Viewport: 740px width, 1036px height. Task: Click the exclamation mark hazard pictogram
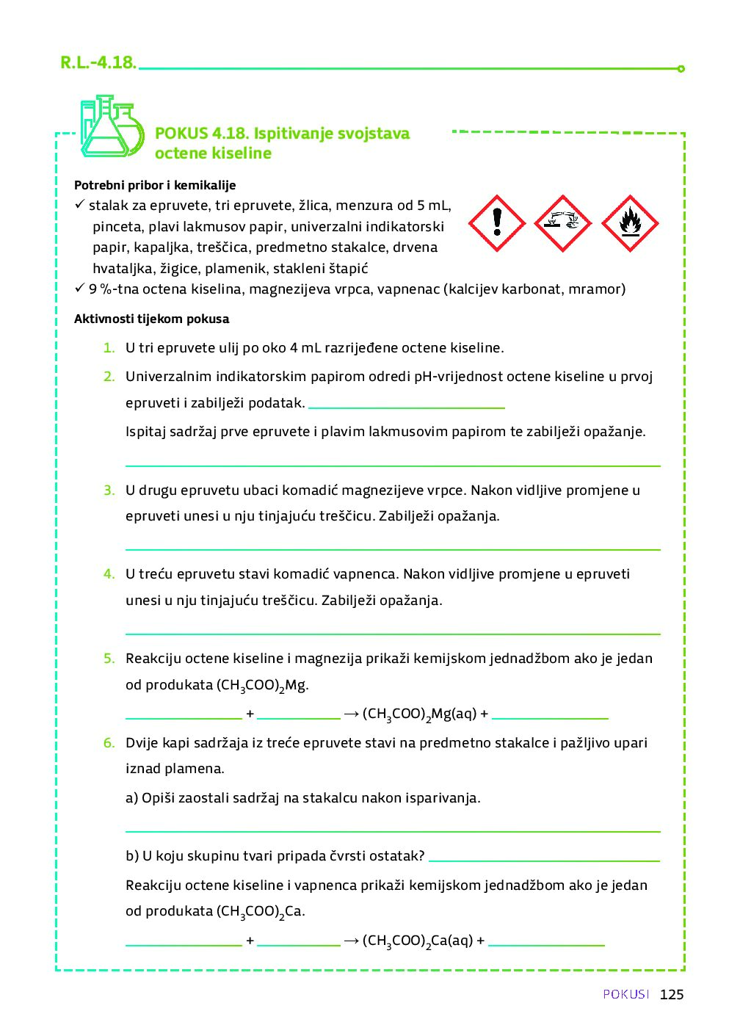coord(497,223)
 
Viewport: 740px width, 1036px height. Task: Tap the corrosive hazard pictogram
coord(563,223)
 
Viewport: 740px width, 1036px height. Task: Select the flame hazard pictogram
coord(630,223)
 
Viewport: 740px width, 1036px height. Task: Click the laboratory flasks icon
coord(111,126)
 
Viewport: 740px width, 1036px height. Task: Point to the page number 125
coord(671,994)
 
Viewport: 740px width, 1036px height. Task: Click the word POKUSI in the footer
coord(626,994)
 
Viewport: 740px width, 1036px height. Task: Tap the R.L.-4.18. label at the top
coord(98,62)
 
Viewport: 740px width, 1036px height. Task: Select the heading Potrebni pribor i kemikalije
coord(155,185)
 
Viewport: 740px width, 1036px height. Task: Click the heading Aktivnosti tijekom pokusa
coord(151,319)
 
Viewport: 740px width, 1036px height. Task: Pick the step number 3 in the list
coord(109,490)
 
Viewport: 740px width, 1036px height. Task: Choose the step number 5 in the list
coord(109,659)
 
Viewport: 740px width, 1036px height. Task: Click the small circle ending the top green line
coord(681,69)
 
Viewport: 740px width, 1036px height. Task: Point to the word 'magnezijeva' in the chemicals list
coord(289,289)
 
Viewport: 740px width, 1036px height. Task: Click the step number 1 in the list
coord(109,348)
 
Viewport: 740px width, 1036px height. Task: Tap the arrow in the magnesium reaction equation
coord(351,714)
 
